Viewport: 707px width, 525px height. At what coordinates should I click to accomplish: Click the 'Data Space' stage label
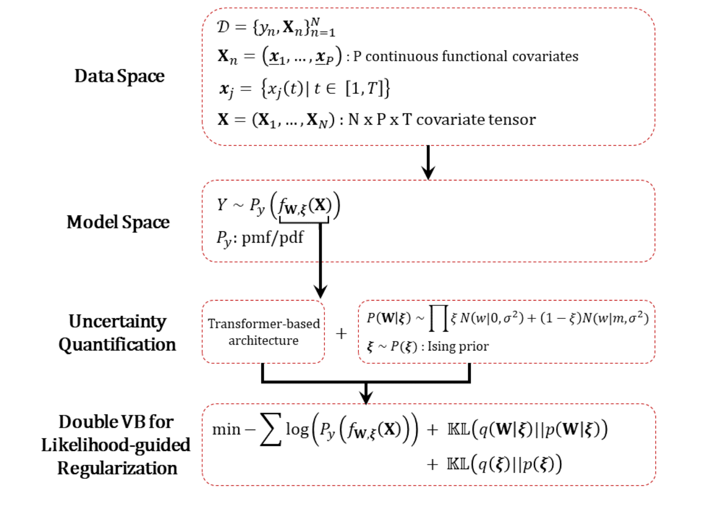(x=119, y=76)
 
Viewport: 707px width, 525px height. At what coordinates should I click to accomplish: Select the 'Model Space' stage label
(x=118, y=222)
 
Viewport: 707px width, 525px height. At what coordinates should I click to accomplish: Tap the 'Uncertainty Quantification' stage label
(x=117, y=333)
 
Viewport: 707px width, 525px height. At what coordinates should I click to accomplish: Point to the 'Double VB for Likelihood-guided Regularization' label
(x=116, y=445)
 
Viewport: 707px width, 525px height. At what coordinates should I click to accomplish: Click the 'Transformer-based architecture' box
(x=264, y=332)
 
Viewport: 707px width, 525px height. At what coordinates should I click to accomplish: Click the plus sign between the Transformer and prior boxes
(x=341, y=334)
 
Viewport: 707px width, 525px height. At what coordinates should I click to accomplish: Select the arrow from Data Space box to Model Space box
(x=428, y=163)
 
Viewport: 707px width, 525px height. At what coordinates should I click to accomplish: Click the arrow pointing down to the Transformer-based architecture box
(x=321, y=262)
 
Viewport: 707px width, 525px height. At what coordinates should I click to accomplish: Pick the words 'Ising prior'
(x=458, y=346)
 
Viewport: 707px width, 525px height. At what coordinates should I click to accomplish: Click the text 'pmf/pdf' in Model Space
(x=272, y=238)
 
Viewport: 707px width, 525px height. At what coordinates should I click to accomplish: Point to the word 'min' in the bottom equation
(x=226, y=429)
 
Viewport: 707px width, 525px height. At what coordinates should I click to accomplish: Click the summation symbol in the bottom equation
(x=270, y=429)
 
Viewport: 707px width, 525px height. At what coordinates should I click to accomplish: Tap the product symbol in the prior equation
(x=438, y=318)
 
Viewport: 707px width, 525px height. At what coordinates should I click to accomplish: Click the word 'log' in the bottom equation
(x=297, y=429)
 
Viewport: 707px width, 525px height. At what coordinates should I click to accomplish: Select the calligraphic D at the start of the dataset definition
(x=223, y=27)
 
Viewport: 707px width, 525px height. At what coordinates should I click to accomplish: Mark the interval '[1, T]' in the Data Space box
(x=364, y=88)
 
